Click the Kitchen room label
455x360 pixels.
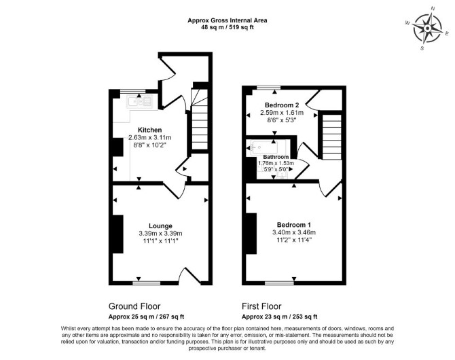[149, 130]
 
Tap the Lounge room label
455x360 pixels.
[160, 226]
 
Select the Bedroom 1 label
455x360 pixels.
[294, 225]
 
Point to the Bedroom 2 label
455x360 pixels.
[282, 105]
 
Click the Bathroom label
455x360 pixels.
[276, 157]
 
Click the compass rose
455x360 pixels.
[428, 29]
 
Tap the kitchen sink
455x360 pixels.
[139, 101]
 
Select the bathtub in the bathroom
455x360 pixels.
[263, 148]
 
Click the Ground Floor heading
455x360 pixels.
[134, 306]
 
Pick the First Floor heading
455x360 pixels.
[261, 306]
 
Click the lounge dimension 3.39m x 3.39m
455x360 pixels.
[160, 234]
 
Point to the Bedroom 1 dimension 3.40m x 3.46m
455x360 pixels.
[294, 232]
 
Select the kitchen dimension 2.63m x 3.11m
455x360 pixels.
[149, 137]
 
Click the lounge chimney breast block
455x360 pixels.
[117, 234]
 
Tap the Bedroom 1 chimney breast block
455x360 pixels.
[251, 234]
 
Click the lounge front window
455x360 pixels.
[147, 283]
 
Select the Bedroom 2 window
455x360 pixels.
[269, 88]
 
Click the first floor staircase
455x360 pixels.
[332, 137]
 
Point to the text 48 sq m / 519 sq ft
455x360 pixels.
[227, 28]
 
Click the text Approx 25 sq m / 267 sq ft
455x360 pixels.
[146, 317]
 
